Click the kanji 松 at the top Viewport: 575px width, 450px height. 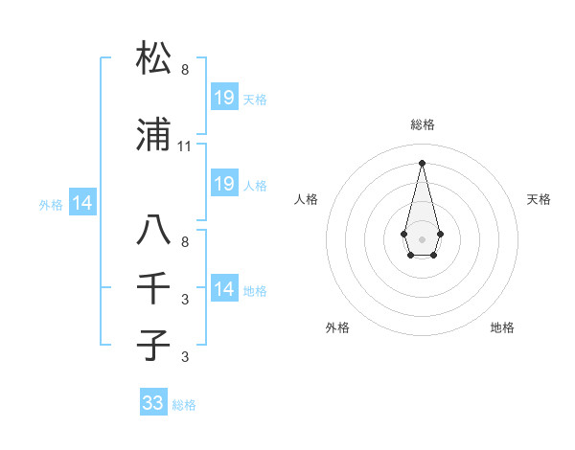pyautogui.click(x=154, y=58)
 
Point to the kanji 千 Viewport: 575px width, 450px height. pyautogui.click(x=154, y=288)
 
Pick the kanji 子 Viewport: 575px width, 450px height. pyautogui.click(x=154, y=346)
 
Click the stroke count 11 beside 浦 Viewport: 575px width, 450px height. pyautogui.click(x=185, y=146)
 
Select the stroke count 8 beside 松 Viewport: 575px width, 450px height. pyautogui.click(x=185, y=70)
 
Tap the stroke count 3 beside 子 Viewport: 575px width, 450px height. pyautogui.click(x=185, y=357)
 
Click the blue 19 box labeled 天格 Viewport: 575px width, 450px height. pyautogui.click(x=224, y=97)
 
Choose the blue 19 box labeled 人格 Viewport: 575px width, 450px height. pyautogui.click(x=224, y=184)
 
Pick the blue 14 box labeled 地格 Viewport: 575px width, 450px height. pyautogui.click(x=224, y=288)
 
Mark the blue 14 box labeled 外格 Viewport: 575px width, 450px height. pyautogui.click(x=82, y=203)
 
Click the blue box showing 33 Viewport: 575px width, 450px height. pyautogui.click(x=153, y=403)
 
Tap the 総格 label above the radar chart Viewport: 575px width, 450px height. pyautogui.click(x=423, y=124)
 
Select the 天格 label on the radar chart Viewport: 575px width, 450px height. pyautogui.click(x=539, y=199)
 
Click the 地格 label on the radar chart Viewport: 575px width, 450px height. pyautogui.click(x=502, y=327)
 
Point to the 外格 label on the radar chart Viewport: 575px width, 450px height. pyautogui.click(x=337, y=327)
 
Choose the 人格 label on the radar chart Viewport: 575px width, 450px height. pyautogui.click(x=306, y=199)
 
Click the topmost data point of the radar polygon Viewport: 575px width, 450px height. pyautogui.click(x=422, y=162)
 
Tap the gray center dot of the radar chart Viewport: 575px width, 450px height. pyautogui.click(x=422, y=237)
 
